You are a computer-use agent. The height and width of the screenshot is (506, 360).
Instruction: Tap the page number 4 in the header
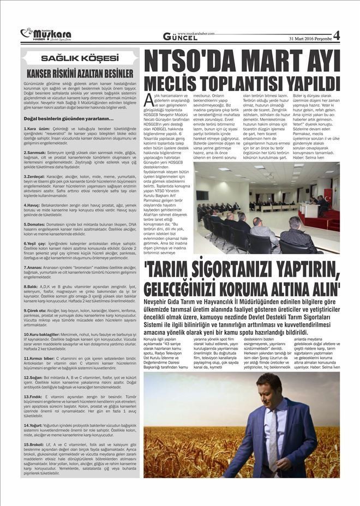(x=336, y=35)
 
